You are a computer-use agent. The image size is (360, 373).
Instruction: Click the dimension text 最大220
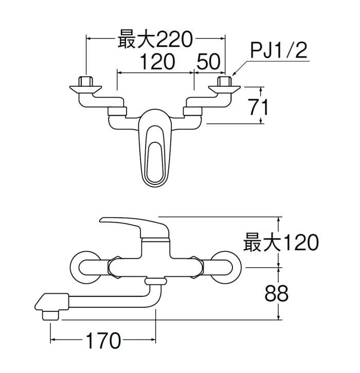pyautogui.click(x=155, y=39)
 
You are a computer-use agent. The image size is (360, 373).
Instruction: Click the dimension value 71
pyautogui.click(x=251, y=107)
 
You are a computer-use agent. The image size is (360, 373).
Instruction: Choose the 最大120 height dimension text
pyautogui.click(x=281, y=242)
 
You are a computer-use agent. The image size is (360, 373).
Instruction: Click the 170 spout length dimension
pyautogui.click(x=103, y=340)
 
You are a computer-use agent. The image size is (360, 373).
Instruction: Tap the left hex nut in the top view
pyautogui.click(x=85, y=82)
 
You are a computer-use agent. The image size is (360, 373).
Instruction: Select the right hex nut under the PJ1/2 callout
pyautogui.click(x=224, y=82)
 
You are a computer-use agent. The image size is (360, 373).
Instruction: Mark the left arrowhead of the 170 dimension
pyautogui.click(x=53, y=340)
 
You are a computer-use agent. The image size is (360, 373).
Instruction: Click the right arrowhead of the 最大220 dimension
pyautogui.click(x=222, y=38)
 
